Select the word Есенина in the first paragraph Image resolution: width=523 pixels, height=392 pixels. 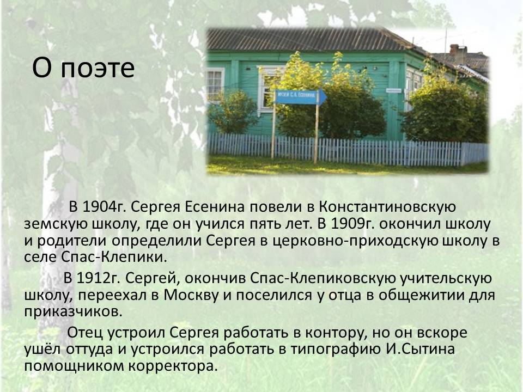(x=215, y=207)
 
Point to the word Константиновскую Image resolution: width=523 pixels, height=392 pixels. (x=387, y=207)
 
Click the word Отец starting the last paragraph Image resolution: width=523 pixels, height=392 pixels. (x=85, y=333)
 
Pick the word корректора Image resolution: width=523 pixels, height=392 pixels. (x=173, y=366)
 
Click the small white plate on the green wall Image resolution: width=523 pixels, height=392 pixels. (x=393, y=90)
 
